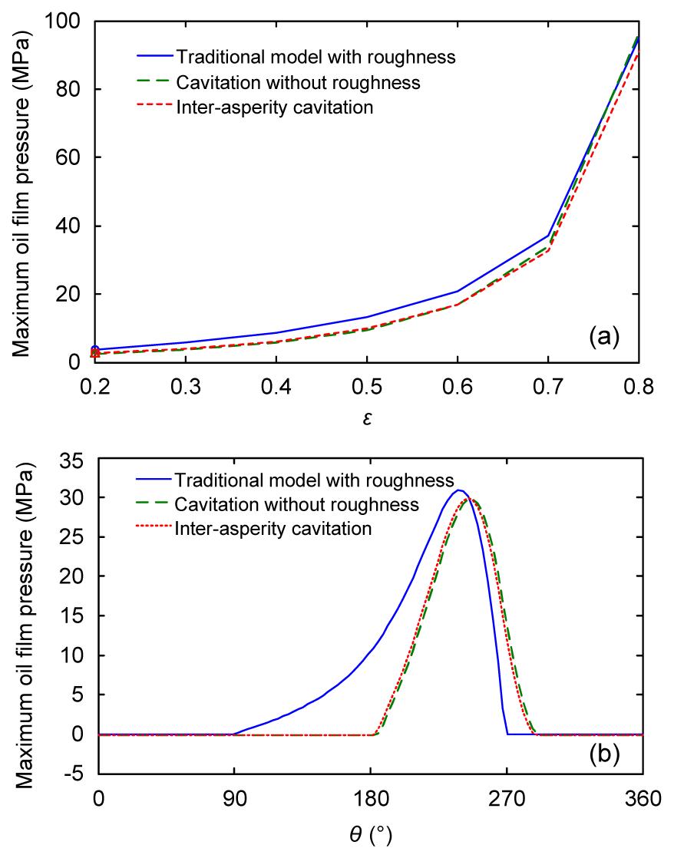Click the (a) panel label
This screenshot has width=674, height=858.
pyautogui.click(x=603, y=335)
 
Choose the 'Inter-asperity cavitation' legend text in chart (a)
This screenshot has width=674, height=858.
pyautogui.click(x=275, y=107)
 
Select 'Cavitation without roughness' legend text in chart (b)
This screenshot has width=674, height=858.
pyautogui.click(x=296, y=504)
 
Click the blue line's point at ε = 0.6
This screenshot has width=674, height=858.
pyautogui.click(x=458, y=291)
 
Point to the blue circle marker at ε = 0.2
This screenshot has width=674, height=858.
pyautogui.click(x=95, y=350)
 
